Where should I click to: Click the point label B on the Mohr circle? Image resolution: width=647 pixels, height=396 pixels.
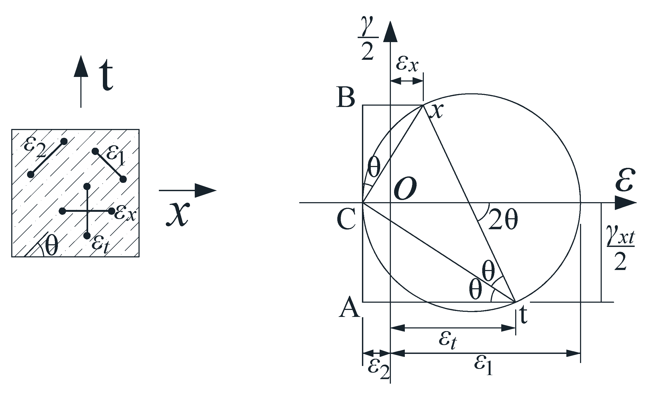point(346,97)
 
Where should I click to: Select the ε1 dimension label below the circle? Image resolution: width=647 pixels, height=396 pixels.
point(483,366)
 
